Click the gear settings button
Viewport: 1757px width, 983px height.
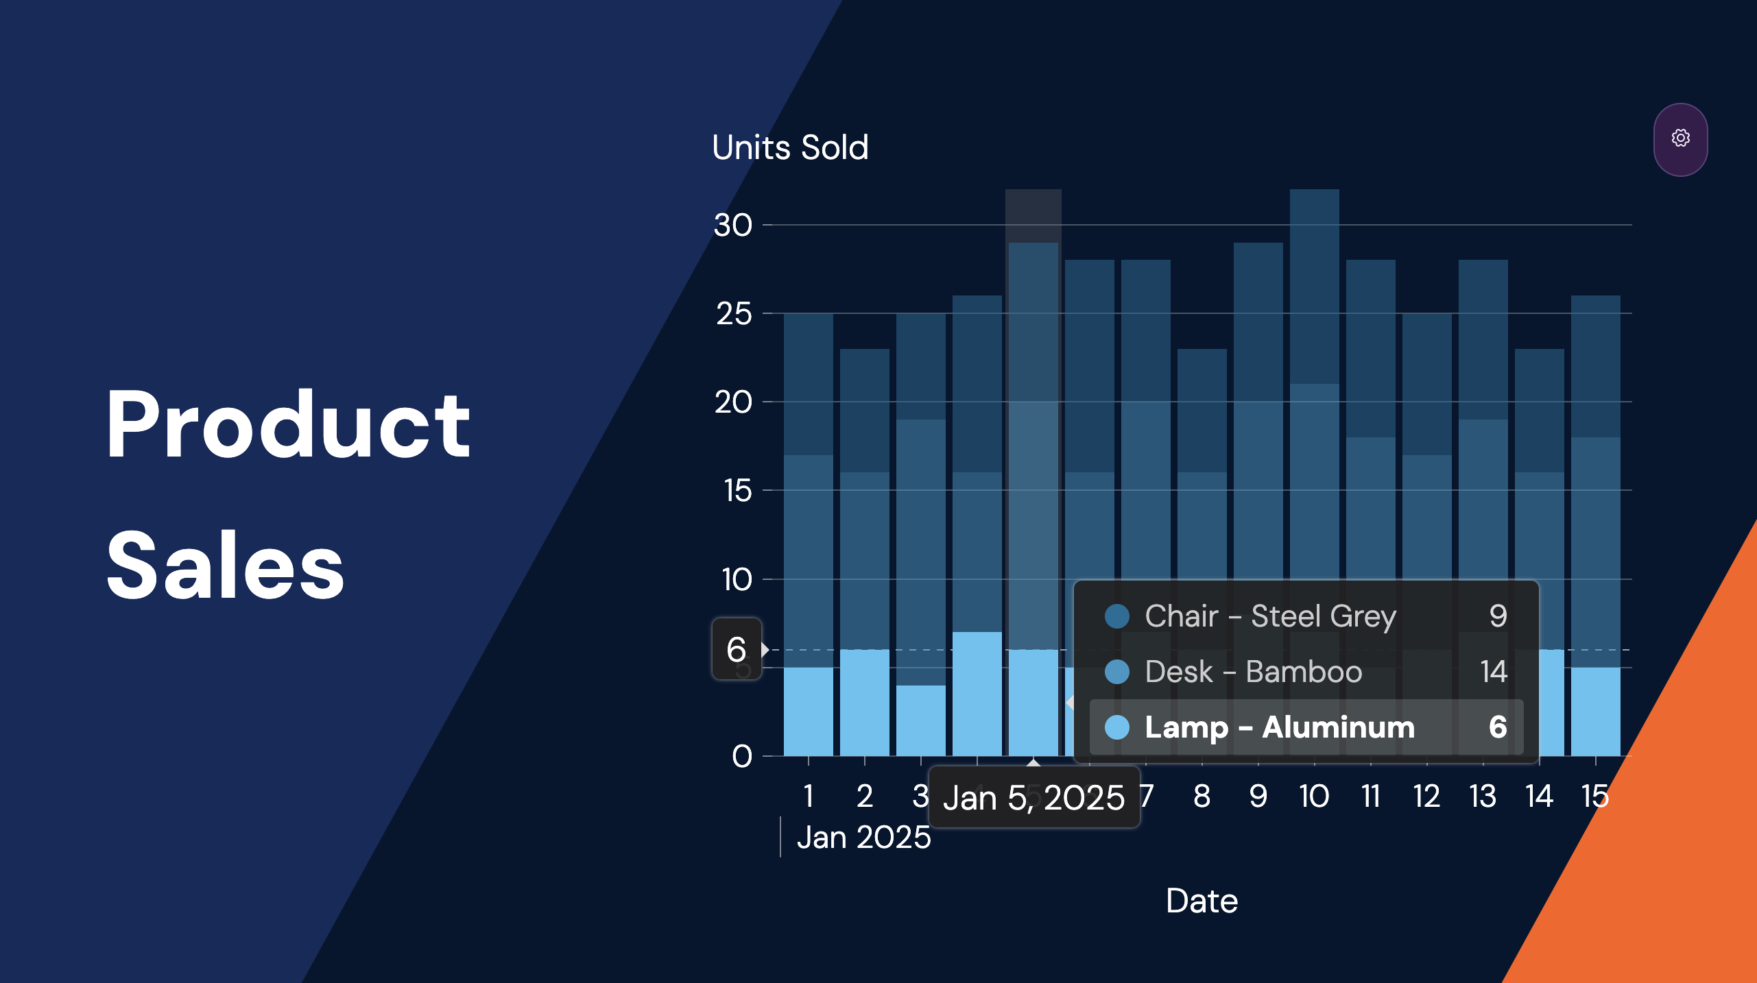1680,139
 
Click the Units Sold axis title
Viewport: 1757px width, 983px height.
790,147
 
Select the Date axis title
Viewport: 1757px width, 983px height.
1202,901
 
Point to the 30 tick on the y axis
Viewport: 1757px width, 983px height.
733,226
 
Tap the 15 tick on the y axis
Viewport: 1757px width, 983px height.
737,491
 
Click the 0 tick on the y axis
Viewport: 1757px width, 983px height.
741,757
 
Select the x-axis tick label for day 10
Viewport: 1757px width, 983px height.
1314,797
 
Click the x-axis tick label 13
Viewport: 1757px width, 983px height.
1483,797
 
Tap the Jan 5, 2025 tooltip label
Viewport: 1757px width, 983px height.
1033,798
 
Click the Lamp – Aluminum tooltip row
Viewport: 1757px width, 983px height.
1306,727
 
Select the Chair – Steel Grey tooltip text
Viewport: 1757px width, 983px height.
1270,616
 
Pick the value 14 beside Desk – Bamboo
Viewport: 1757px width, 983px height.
1493,672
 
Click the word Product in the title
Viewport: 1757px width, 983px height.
288,424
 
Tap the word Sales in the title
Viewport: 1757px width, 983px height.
226,566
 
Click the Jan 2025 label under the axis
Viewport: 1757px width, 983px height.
863,838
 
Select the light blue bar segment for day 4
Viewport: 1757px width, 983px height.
977,694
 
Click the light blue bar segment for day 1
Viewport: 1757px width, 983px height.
808,712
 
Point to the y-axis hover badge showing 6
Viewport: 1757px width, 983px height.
736,649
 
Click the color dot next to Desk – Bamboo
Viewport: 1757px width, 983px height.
1117,672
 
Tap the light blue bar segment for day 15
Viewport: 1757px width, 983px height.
1595,712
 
